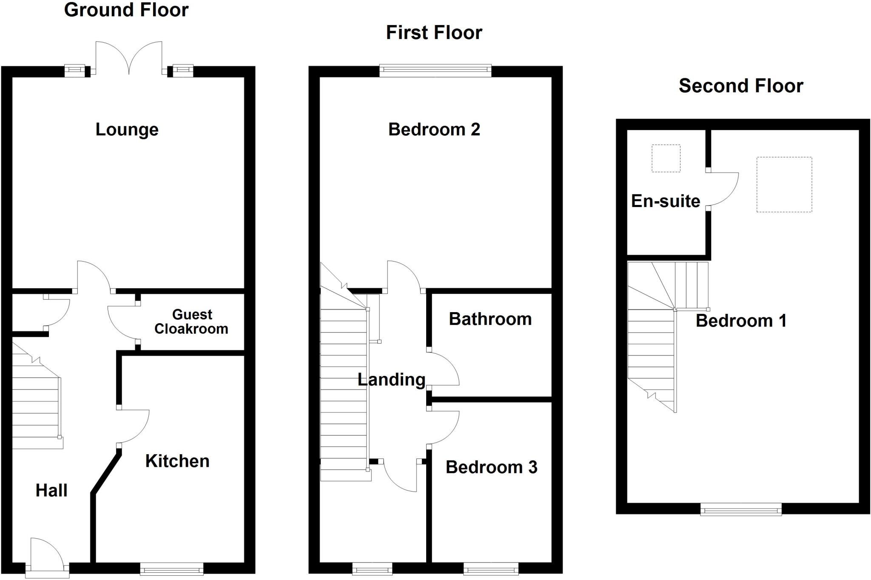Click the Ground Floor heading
pos(126,10)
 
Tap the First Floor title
pos(434,33)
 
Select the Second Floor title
pos(740,86)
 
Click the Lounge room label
pos(127,129)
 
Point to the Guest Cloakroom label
pos(191,321)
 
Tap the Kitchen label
pos(177,461)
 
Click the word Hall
pos(51,490)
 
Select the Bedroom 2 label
pos(434,129)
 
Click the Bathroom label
pos(490,319)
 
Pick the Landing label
pos(391,379)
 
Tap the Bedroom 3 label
pos(491,467)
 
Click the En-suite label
pos(665,201)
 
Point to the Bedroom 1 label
pos(741,321)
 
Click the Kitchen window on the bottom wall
pos(171,569)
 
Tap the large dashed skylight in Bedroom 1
pos(784,185)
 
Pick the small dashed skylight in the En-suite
pos(666,158)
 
